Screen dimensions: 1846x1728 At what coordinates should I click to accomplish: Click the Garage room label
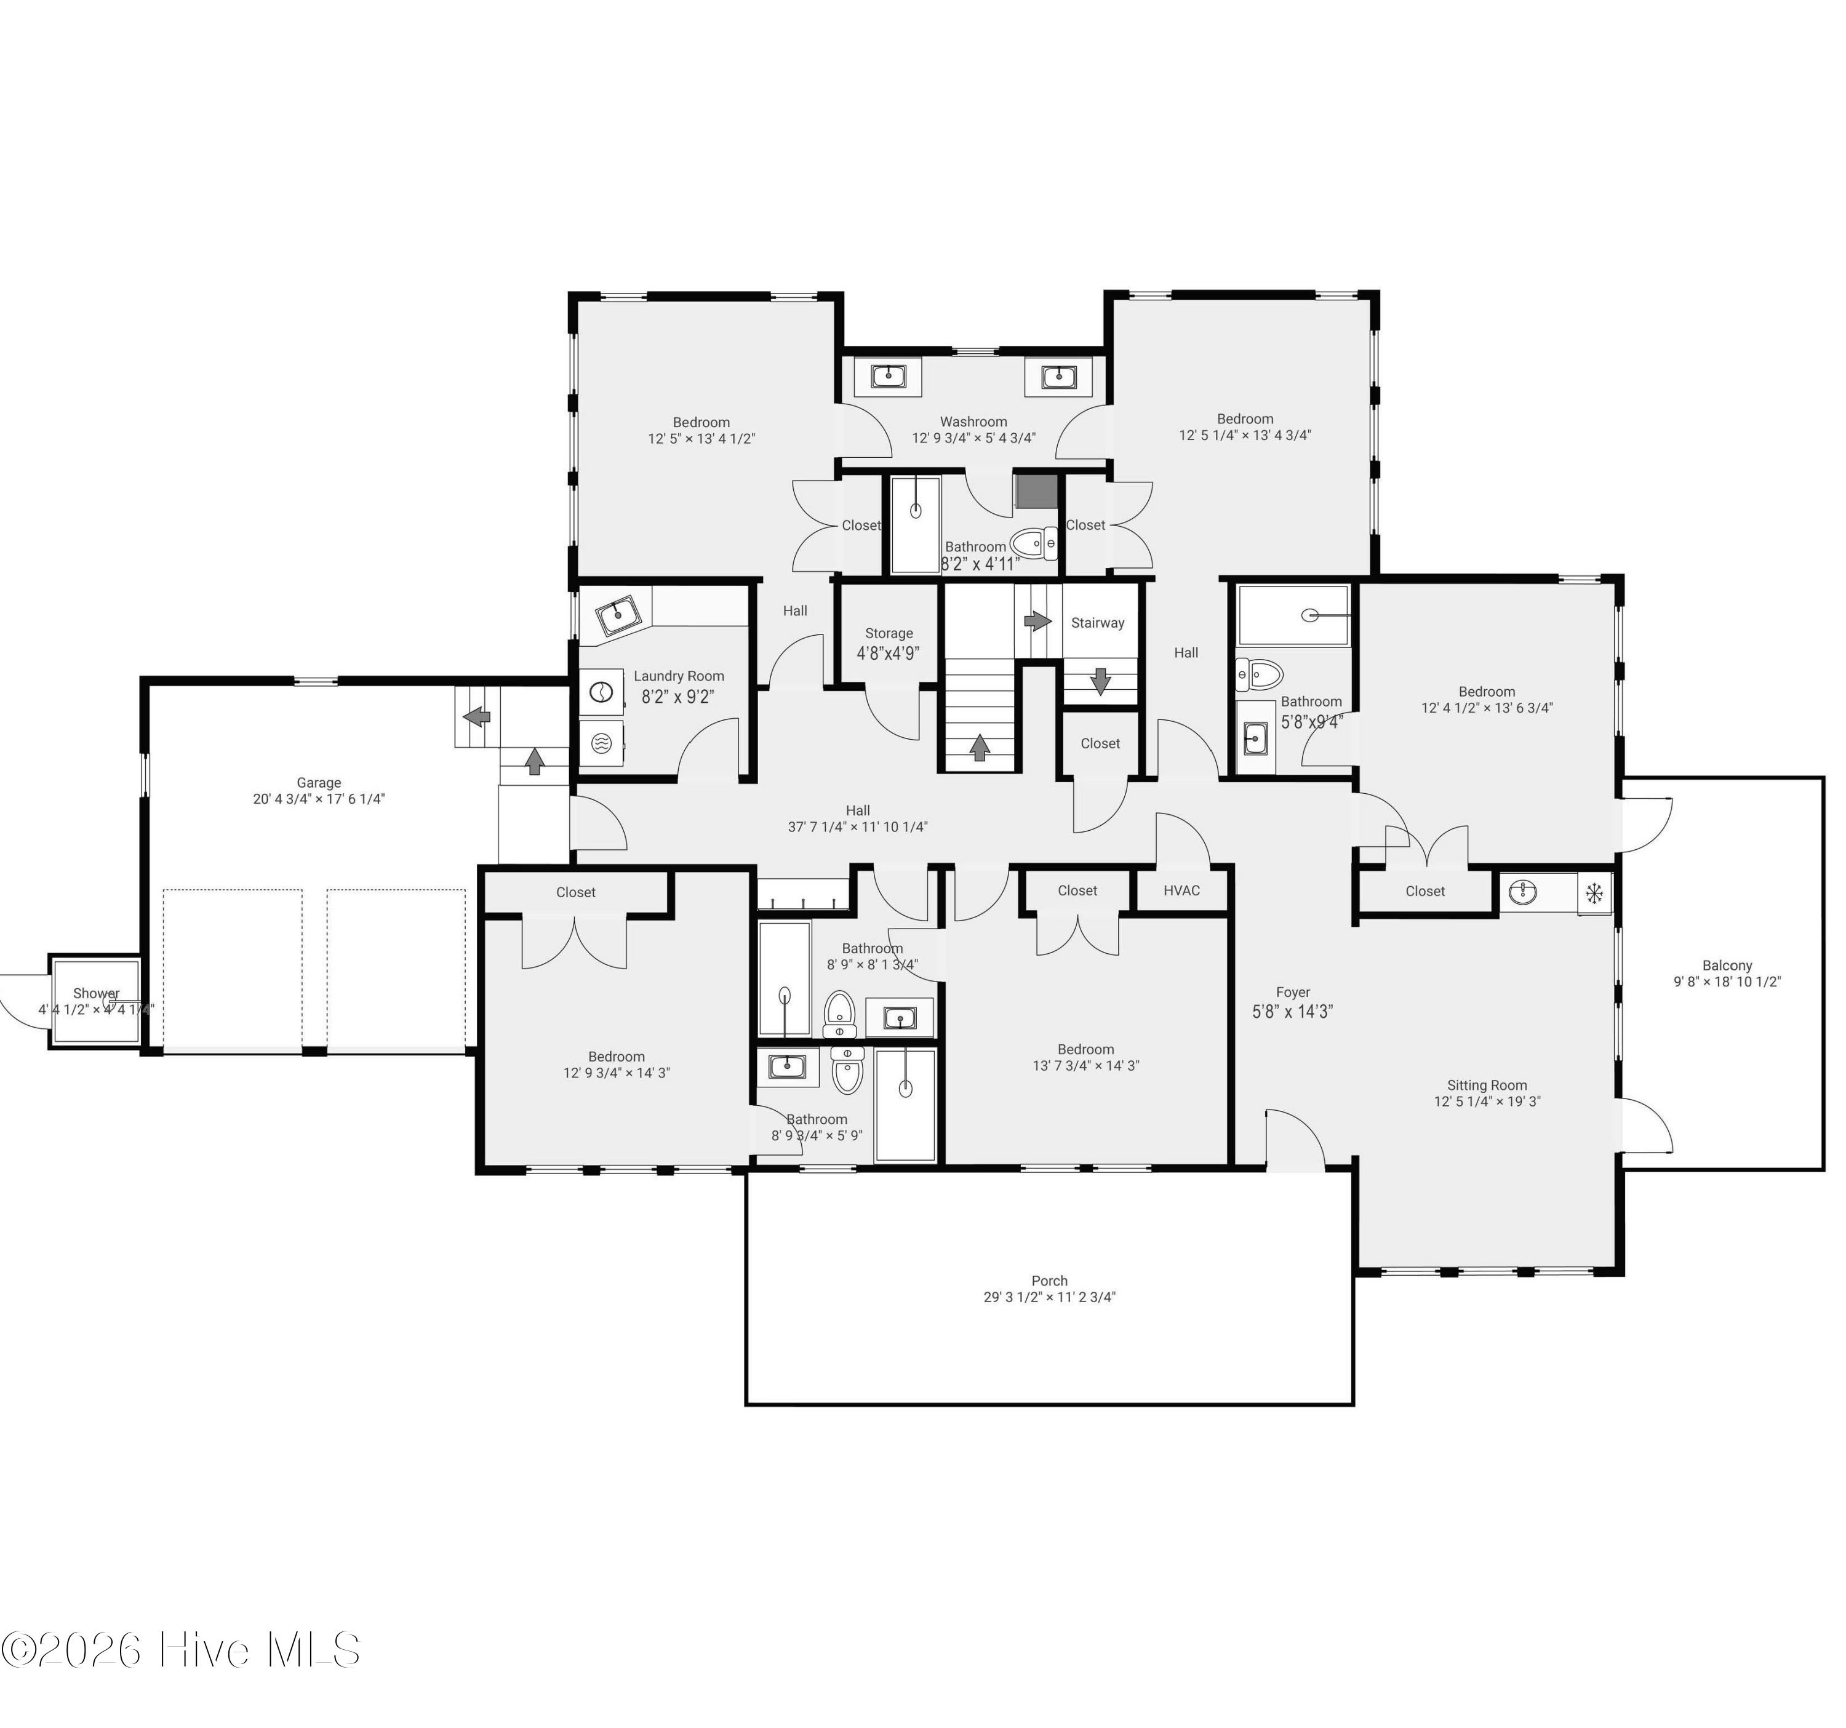click(x=319, y=783)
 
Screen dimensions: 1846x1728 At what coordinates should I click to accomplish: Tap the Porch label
click(x=1049, y=1281)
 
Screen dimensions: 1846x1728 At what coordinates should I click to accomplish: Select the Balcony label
click(x=1727, y=966)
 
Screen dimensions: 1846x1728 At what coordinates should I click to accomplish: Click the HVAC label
click(x=1181, y=890)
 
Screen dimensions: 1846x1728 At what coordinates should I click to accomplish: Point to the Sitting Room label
click(x=1487, y=1086)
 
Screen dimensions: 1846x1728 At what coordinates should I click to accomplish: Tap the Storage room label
click(x=889, y=633)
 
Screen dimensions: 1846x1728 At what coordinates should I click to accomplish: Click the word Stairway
click(x=1098, y=623)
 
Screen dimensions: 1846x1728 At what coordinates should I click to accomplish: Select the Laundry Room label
click(x=679, y=676)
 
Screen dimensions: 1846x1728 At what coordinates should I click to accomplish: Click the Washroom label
click(x=973, y=422)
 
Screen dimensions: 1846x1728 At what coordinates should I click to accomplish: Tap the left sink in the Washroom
click(x=889, y=376)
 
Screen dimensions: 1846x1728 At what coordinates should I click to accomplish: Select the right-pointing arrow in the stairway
click(x=1036, y=620)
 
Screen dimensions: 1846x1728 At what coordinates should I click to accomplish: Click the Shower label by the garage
click(x=97, y=993)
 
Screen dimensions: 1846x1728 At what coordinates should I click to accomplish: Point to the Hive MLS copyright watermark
click(x=180, y=1649)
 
